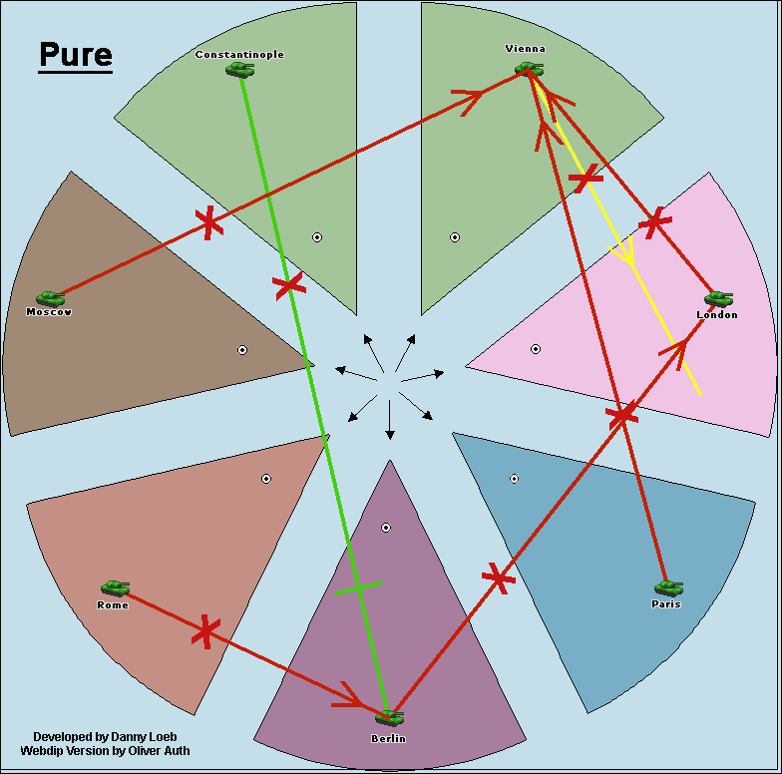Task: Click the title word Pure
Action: click(x=76, y=55)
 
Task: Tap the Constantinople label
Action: click(x=239, y=55)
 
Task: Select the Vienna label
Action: click(x=526, y=49)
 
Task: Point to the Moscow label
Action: click(x=49, y=312)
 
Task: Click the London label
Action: click(x=717, y=315)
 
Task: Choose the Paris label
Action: click(x=665, y=604)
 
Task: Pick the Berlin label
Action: click(x=388, y=738)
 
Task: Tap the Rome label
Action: click(x=113, y=605)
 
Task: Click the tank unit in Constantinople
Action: click(x=239, y=70)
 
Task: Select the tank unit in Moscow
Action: click(x=50, y=298)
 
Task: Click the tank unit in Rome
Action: click(x=115, y=588)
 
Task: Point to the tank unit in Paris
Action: click(x=667, y=588)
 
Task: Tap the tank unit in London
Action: click(x=718, y=298)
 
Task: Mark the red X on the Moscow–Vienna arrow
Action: click(x=207, y=221)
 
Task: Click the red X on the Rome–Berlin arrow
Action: click(x=204, y=630)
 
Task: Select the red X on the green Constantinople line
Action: click(x=288, y=286)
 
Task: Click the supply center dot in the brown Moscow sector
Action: click(x=242, y=350)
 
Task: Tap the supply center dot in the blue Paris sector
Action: click(x=514, y=479)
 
